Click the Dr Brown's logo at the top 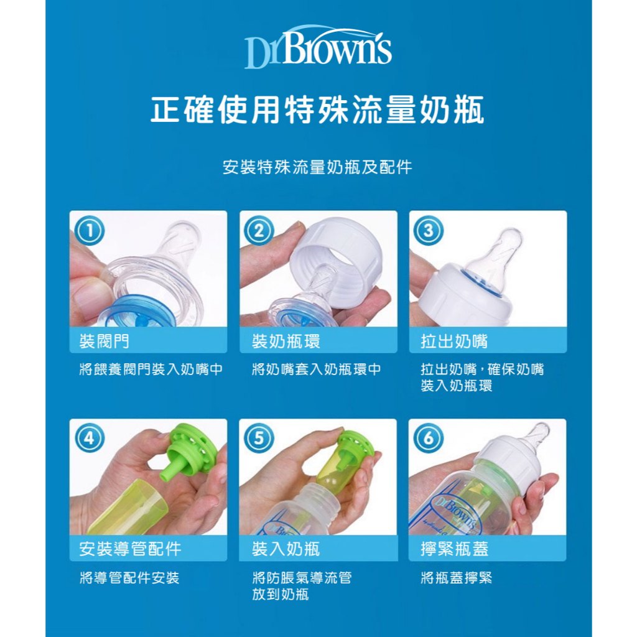point(318,47)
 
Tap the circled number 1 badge point(90,231)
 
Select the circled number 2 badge point(259,231)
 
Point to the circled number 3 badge point(428,231)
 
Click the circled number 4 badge point(90,439)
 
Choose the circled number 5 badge point(259,439)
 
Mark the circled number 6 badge point(428,439)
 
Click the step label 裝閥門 point(105,341)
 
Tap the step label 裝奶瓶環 point(286,341)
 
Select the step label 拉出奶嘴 point(454,341)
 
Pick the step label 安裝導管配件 point(130,549)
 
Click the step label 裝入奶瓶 point(286,549)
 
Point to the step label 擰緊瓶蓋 point(454,549)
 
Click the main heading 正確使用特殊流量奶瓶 point(317,109)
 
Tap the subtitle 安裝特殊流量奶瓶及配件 point(317,167)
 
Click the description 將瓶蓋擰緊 point(456,577)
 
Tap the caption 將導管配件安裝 point(129,577)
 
